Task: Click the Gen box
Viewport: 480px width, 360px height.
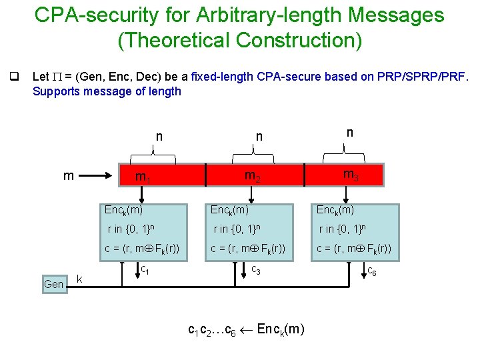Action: (53, 284)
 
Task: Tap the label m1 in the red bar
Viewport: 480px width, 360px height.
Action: (141, 177)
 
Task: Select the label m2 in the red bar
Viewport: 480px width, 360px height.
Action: (252, 177)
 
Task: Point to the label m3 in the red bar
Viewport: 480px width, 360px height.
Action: (349, 175)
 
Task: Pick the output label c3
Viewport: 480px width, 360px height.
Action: (255, 270)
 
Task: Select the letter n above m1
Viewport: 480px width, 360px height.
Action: (159, 137)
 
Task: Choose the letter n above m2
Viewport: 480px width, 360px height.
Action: (259, 137)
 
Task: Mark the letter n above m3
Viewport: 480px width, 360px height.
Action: (349, 133)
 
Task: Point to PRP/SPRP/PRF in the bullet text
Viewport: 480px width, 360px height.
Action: (423, 77)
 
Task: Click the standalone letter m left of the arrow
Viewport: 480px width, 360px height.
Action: (68, 175)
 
